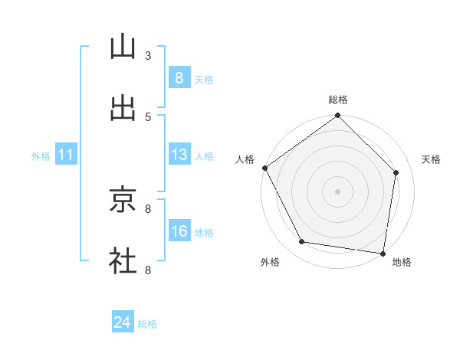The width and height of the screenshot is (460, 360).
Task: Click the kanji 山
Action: pos(123,47)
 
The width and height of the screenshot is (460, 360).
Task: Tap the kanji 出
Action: pos(123,108)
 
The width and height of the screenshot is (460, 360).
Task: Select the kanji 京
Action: pos(123,200)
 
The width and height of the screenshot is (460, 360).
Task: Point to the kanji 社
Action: pos(123,260)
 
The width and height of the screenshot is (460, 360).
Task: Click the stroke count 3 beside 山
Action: pos(148,55)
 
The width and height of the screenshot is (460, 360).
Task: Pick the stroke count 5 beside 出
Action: pos(148,116)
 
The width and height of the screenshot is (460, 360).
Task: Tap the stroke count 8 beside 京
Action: pos(148,208)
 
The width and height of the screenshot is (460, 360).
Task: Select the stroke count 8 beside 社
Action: pos(148,269)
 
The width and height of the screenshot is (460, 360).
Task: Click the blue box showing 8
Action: pos(179,78)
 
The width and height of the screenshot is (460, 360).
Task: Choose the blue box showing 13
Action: pos(179,155)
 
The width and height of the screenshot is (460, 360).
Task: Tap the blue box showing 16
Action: pos(179,231)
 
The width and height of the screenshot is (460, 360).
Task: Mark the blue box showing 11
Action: pos(66,155)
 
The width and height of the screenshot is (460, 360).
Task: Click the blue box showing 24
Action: pos(122,323)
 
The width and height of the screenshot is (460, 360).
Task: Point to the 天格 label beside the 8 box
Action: pos(204,80)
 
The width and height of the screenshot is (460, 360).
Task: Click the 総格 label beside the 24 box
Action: pos(147,325)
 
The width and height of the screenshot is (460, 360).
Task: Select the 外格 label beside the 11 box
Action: pos(41,156)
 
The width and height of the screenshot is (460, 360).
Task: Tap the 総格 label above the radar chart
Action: pos(338,100)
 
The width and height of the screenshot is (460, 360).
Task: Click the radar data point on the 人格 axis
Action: pos(265,168)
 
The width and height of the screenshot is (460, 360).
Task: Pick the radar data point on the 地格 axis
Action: pos(383,252)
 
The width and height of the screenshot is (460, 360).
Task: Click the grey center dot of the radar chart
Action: pos(338,191)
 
